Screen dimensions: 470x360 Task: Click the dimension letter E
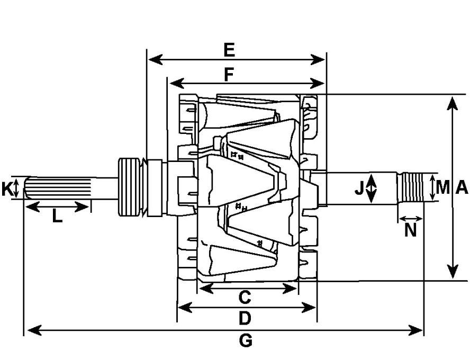pos(229,50)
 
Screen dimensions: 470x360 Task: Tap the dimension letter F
pos(229,75)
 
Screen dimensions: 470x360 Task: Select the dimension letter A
pos(462,187)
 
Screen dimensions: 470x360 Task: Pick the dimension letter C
pos(245,298)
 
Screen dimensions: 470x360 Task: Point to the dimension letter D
pos(245,318)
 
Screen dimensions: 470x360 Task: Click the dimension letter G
pos(246,340)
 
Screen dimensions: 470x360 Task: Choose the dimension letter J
pos(359,188)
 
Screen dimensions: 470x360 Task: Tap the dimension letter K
pos(6,189)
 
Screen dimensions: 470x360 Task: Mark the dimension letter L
pos(57,216)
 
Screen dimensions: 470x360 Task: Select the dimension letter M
pos(442,187)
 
